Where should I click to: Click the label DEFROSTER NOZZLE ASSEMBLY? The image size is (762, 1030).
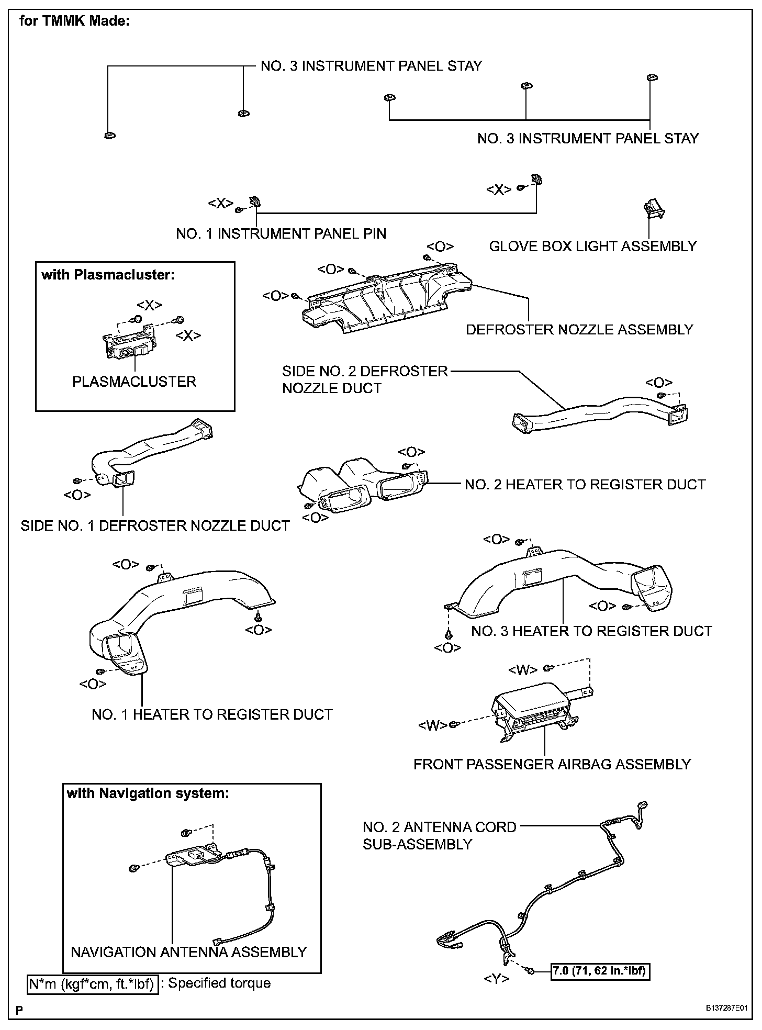click(579, 330)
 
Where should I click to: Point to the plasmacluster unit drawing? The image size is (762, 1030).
click(129, 346)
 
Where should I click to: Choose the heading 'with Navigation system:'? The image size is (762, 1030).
click(148, 793)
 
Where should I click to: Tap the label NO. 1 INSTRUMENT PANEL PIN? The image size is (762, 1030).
click(281, 234)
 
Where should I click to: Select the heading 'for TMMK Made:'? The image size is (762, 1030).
click(74, 21)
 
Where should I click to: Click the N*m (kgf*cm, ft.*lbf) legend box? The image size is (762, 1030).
click(92, 984)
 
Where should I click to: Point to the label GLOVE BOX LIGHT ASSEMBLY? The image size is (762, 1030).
click(593, 246)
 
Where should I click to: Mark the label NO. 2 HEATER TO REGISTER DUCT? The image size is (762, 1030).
click(585, 485)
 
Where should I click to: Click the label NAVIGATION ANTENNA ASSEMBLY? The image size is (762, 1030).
click(189, 951)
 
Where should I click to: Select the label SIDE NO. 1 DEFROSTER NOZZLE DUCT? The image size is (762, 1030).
click(155, 525)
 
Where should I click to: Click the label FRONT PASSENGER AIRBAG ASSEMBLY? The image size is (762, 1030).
click(552, 764)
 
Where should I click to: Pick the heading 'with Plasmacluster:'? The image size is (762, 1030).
click(108, 275)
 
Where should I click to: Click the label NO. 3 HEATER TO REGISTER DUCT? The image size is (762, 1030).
click(591, 631)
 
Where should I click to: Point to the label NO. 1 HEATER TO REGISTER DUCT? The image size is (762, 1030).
click(212, 714)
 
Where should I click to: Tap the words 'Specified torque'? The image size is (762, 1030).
click(219, 983)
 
